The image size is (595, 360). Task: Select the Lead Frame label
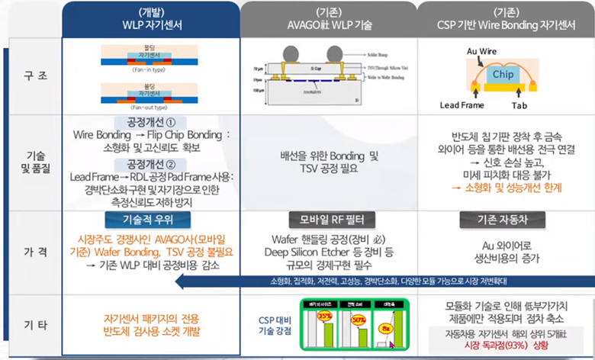coord(466,104)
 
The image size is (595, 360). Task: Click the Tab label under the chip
coord(519,104)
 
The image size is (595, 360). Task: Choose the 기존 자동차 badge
coord(505,219)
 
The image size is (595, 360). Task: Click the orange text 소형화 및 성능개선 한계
coord(510,186)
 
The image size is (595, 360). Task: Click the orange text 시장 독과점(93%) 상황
coord(506,345)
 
